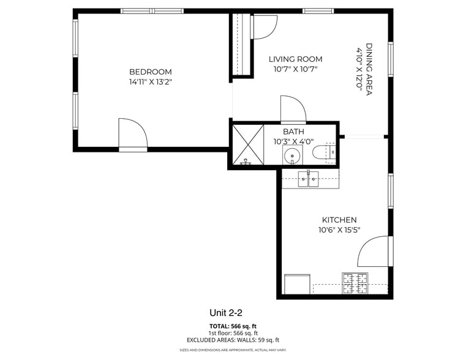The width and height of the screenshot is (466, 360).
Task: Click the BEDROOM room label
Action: pos(150,72)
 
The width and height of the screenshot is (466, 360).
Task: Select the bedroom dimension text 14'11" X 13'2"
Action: pos(150,81)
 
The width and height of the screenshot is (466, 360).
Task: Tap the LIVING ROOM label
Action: pos(296,59)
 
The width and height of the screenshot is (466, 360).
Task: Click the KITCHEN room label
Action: pos(339,220)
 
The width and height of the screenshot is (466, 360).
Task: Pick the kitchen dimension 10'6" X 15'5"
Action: pos(339,230)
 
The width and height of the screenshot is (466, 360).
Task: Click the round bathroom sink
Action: pos(293,156)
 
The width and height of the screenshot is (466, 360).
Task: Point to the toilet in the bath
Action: pos(323,153)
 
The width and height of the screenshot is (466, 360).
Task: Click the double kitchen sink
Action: pos(309,179)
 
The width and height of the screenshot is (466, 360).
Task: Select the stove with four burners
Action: pos(355,283)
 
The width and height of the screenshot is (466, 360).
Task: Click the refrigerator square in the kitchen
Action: pos(298,284)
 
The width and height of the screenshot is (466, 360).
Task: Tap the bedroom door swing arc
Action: pos(133,133)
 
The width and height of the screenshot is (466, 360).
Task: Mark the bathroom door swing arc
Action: pos(293,110)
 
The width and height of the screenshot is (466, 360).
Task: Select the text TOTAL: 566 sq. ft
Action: pos(233,326)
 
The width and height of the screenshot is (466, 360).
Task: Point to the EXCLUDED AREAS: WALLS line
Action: pos(233,340)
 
